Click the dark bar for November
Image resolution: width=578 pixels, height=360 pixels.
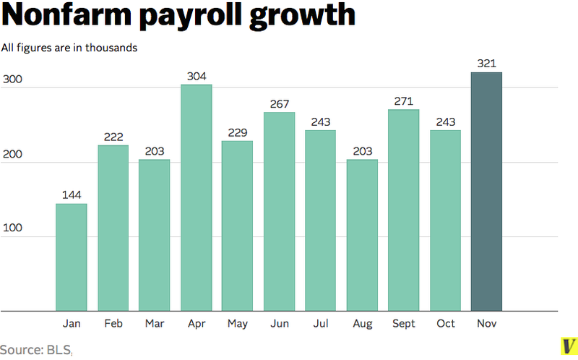click(486, 192)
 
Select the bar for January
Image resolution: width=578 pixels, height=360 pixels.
click(72, 257)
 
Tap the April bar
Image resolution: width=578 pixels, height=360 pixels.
click(196, 197)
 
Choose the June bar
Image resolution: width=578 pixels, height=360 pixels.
click(279, 211)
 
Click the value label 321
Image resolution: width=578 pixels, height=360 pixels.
click(486, 64)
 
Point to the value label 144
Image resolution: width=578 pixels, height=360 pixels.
click(72, 196)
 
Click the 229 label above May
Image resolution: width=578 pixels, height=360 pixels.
click(237, 132)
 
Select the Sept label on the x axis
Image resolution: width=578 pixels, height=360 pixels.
click(403, 324)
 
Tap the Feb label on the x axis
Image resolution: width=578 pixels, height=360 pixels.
click(113, 324)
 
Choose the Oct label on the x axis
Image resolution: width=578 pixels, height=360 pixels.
click(445, 324)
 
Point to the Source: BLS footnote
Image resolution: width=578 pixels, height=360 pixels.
click(36, 349)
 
